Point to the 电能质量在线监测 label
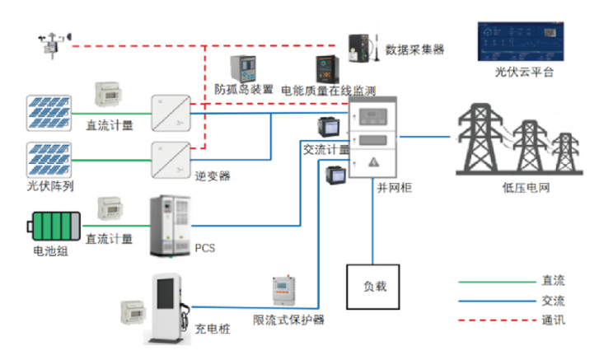click(328, 89)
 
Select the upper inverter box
click(171, 112)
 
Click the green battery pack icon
click(55, 225)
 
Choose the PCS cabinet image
click(170, 225)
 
